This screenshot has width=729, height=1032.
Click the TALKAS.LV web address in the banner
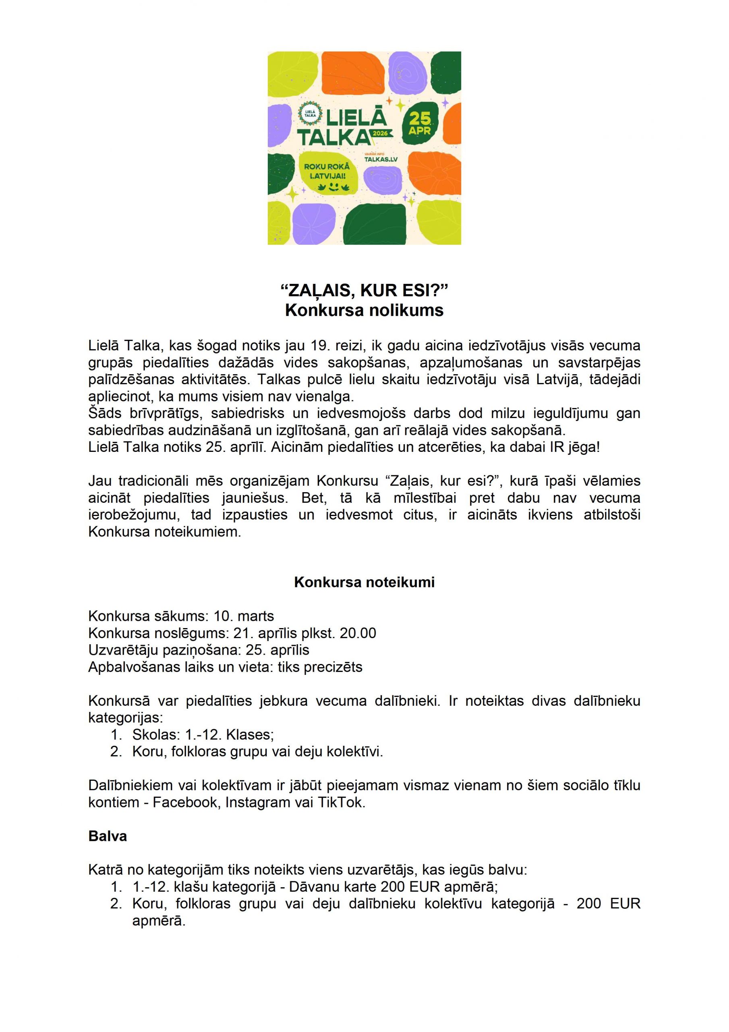pyautogui.click(x=381, y=159)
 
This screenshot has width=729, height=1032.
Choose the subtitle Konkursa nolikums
pyautogui.click(x=364, y=310)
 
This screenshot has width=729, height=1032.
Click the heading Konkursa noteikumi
pyautogui.click(x=364, y=582)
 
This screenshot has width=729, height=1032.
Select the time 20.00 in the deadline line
pyautogui.click(x=358, y=633)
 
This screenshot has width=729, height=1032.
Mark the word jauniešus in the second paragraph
pyautogui.click(x=254, y=497)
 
